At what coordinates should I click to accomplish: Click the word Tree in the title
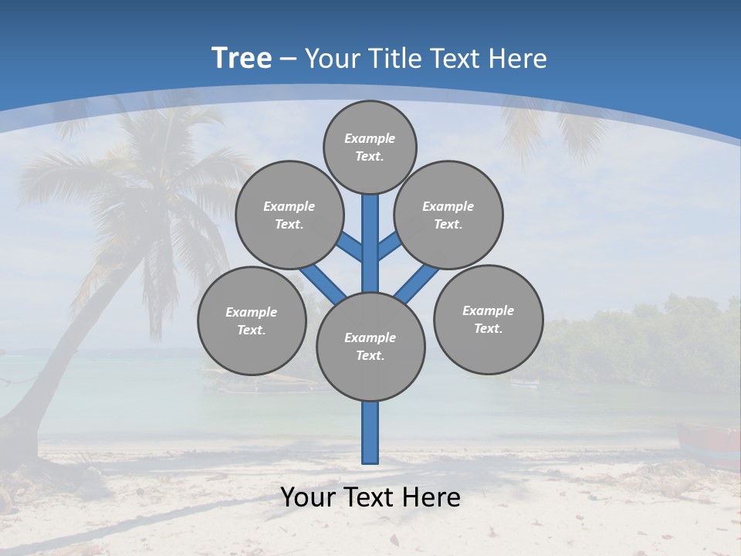[242, 58]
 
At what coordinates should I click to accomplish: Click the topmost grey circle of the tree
[370, 147]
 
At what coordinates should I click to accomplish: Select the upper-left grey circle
[289, 215]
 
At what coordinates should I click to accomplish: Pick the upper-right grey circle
[448, 215]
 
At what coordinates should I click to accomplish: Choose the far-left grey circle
[252, 320]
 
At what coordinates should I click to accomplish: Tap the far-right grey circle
[488, 319]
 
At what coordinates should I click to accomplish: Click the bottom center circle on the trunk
[370, 347]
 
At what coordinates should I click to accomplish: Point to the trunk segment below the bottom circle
[370, 432]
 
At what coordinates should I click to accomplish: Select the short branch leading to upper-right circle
[389, 246]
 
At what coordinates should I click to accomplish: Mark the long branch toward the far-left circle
[323, 283]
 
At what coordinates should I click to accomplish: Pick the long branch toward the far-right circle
[417, 283]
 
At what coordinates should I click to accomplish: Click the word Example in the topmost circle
[370, 138]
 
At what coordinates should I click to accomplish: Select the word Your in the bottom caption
[309, 497]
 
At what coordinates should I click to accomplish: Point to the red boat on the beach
[710, 444]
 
